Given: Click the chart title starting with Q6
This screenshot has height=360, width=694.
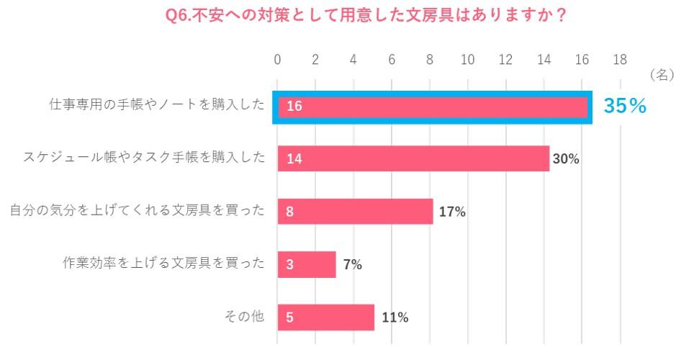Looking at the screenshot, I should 365,16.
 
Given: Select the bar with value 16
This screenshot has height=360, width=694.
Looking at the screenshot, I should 432,107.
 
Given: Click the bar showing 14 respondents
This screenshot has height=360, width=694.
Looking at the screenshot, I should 413,159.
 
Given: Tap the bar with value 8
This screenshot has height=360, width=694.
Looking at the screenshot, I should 355,212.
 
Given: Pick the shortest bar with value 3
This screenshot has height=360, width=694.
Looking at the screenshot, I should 307,264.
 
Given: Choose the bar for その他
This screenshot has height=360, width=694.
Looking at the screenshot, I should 326,317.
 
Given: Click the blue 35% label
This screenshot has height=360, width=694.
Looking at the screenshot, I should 625,107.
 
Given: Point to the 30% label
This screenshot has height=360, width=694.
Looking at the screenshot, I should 566,159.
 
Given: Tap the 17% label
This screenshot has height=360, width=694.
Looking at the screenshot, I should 452,212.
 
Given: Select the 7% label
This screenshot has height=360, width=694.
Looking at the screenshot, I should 352,264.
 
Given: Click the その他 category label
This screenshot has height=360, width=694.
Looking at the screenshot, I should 245,316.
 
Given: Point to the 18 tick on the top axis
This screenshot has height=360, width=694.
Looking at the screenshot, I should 620,60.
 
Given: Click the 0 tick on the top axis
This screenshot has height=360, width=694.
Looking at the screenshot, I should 278,60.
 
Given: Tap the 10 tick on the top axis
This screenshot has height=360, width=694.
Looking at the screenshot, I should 467,60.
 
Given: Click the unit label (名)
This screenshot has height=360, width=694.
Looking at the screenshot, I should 661,74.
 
